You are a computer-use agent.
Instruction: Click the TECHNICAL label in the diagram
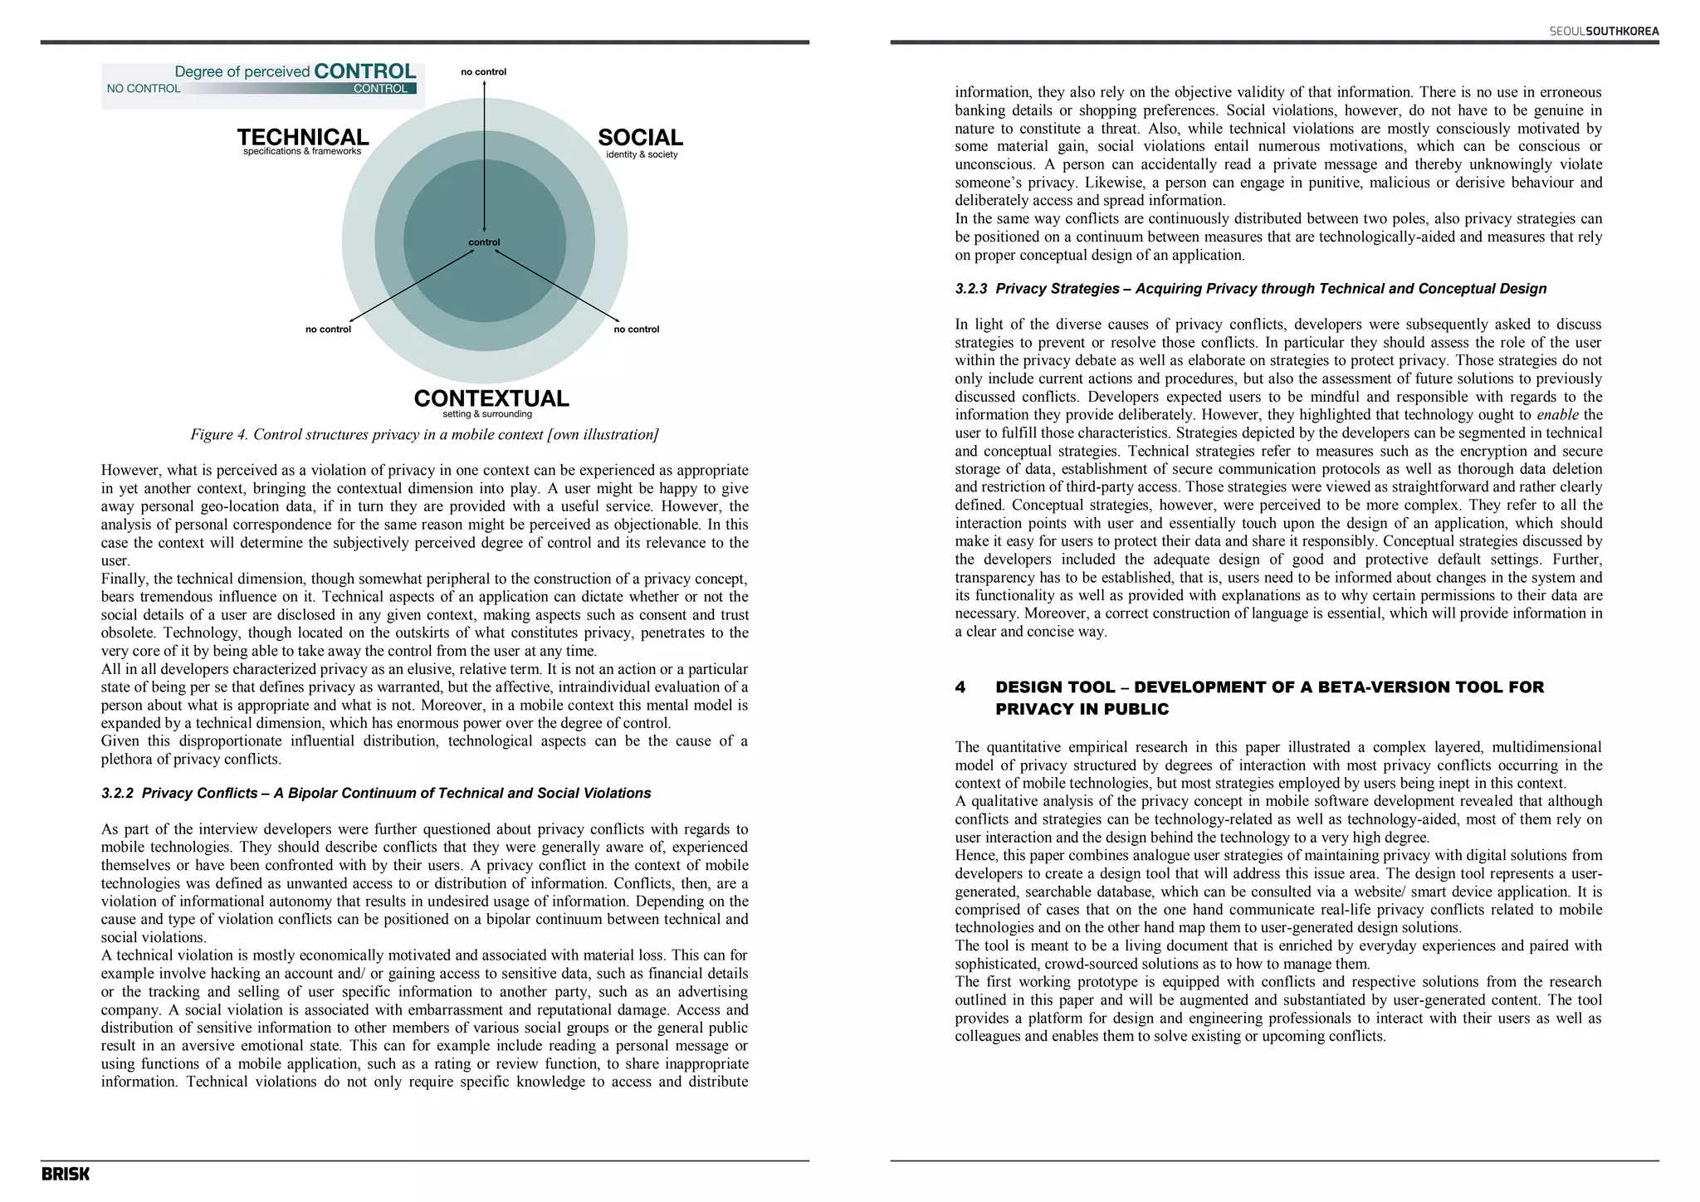coord(303,137)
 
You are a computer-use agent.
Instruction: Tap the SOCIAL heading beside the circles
coord(640,138)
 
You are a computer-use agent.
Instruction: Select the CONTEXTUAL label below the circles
coord(491,398)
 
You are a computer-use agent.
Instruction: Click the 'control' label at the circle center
coord(484,242)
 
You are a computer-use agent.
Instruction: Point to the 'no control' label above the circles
coord(483,72)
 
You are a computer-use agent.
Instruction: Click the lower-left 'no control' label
coord(328,330)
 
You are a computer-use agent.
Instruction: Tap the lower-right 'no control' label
coord(637,330)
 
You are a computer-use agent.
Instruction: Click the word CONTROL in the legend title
coord(364,71)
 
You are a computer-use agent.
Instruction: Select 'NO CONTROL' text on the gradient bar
coord(144,89)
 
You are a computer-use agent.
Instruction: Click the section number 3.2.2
coord(117,794)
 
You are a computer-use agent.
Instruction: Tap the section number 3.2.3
coord(970,289)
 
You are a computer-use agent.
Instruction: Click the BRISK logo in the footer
coord(66,1174)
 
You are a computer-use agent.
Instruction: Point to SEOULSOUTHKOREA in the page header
coord(1604,32)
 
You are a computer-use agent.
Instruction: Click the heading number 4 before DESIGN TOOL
coord(960,687)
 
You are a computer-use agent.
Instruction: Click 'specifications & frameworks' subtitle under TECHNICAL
coord(302,152)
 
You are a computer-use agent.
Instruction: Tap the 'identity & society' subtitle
coord(642,154)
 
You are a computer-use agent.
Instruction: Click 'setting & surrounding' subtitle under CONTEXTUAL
coord(487,414)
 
